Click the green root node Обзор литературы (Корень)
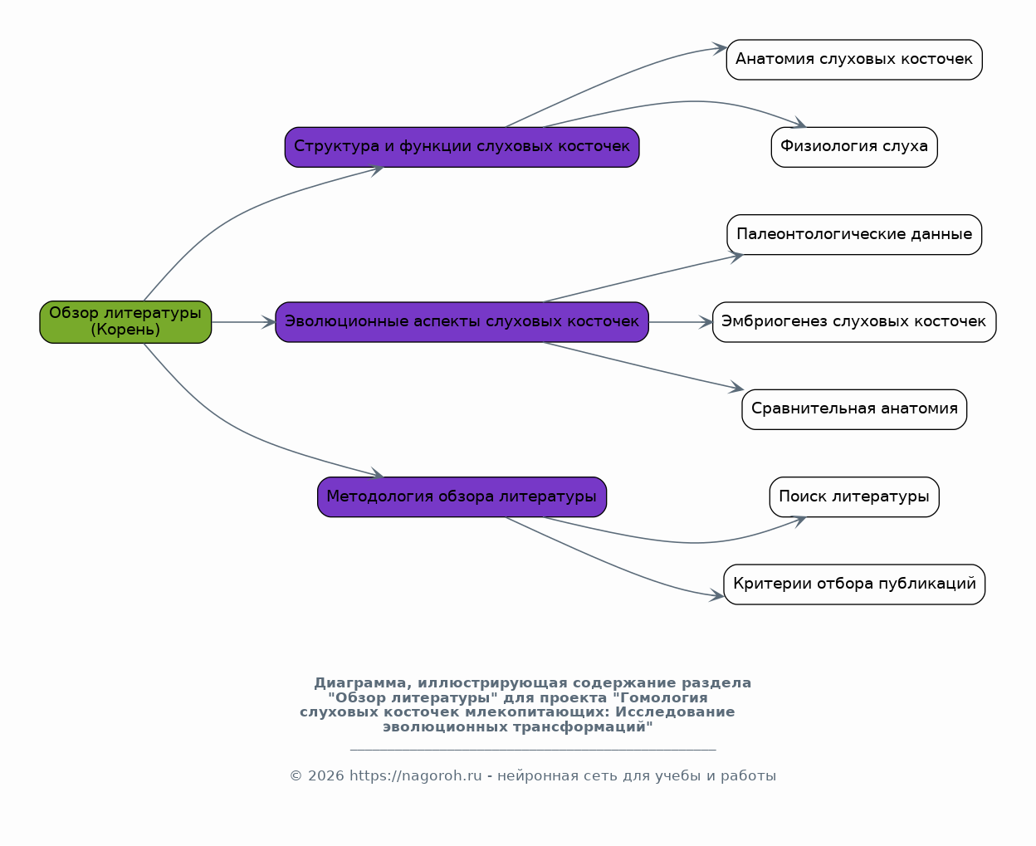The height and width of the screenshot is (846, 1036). [125, 322]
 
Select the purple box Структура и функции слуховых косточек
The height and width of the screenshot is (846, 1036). [462, 147]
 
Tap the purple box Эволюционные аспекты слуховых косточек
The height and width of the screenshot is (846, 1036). [462, 322]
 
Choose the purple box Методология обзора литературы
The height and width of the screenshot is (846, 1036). [462, 496]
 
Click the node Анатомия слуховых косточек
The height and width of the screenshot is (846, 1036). [854, 60]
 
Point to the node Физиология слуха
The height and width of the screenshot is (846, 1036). [854, 147]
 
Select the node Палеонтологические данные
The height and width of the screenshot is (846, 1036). [854, 234]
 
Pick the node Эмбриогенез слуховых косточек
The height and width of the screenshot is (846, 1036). [854, 322]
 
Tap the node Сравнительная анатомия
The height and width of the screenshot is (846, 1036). [854, 409]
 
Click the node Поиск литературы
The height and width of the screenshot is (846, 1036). [854, 496]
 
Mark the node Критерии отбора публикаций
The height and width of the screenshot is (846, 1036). [854, 584]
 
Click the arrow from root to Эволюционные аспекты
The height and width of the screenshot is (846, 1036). [243, 322]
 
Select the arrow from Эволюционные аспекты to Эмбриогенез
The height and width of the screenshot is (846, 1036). [681, 322]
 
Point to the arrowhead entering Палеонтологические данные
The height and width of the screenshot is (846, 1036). [736, 257]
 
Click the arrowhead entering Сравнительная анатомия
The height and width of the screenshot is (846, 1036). [736, 387]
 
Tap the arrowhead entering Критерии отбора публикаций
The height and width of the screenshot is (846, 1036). [716, 594]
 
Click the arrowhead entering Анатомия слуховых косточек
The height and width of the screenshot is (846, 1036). [720, 48]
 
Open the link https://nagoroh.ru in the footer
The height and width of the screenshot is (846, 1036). [416, 775]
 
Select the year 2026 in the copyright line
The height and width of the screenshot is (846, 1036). [325, 775]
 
